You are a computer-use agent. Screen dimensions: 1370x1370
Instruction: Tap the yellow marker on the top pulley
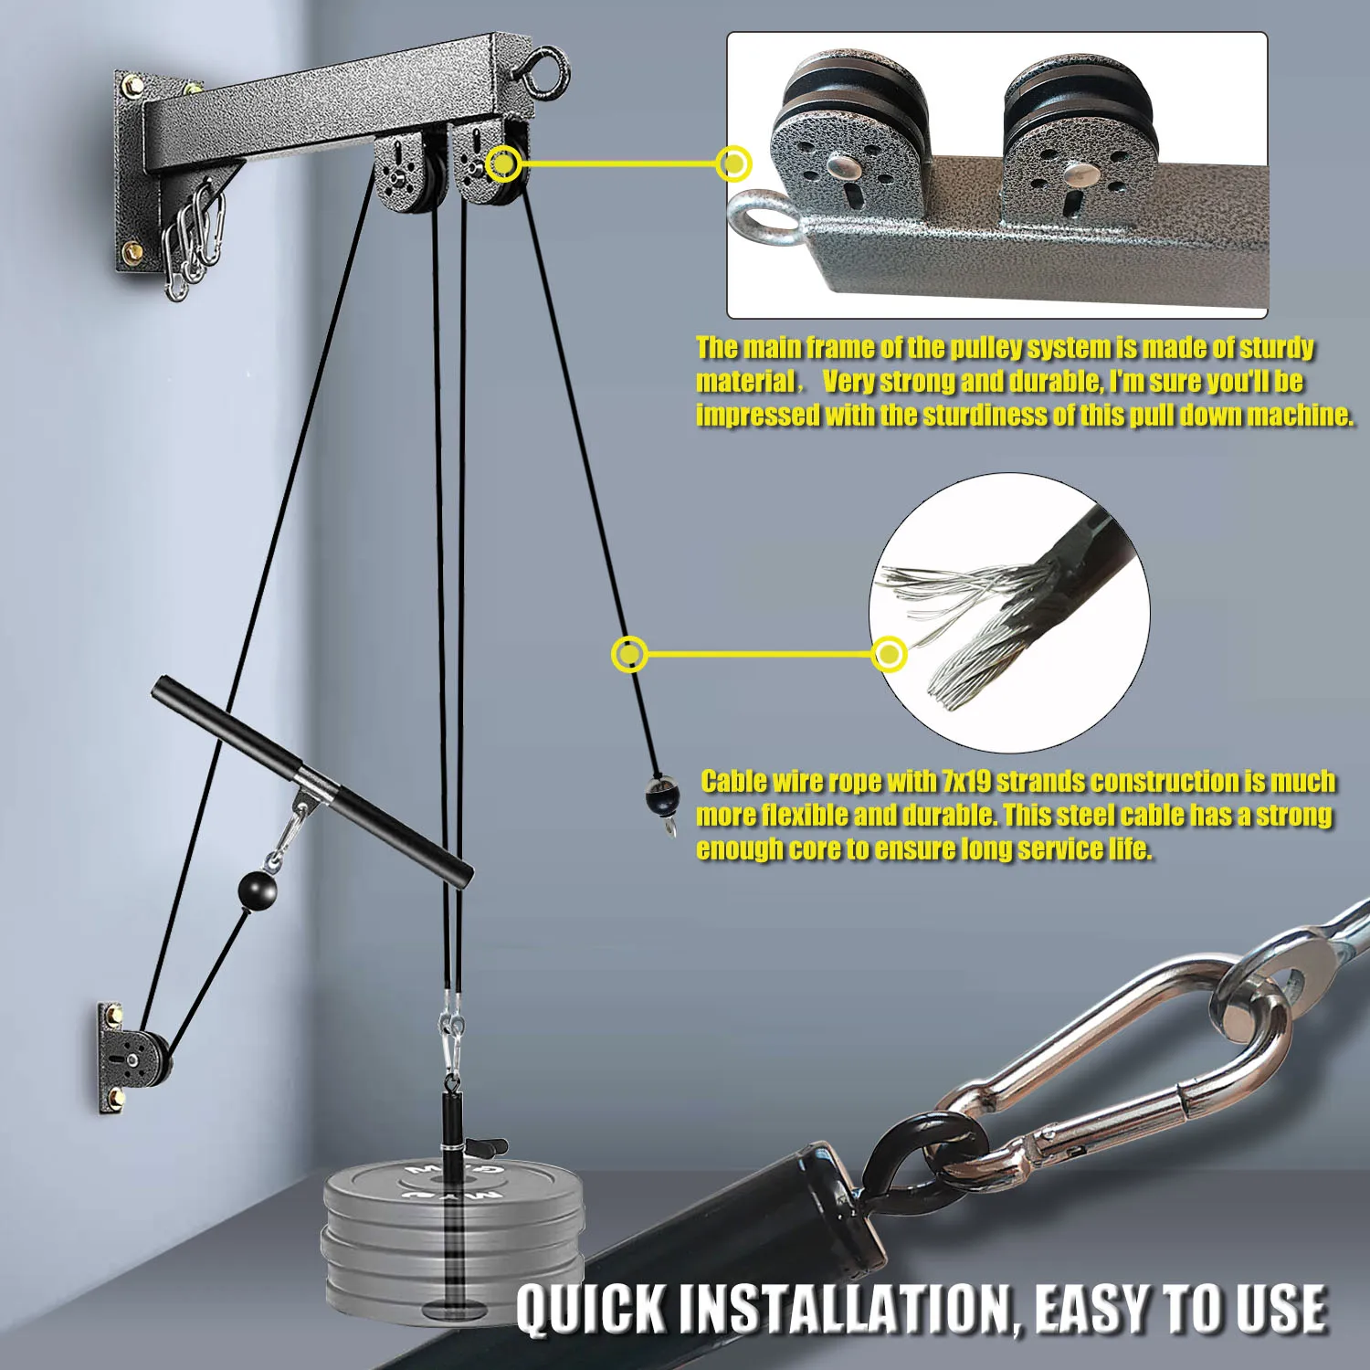[x=503, y=164]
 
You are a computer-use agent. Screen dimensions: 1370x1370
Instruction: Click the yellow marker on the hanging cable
[x=629, y=654]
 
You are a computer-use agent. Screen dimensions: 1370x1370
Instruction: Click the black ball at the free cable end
[x=661, y=797]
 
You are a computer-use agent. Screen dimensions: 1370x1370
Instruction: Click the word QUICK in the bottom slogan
[x=591, y=1309]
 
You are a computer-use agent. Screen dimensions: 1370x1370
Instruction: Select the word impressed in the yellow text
[x=758, y=416]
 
